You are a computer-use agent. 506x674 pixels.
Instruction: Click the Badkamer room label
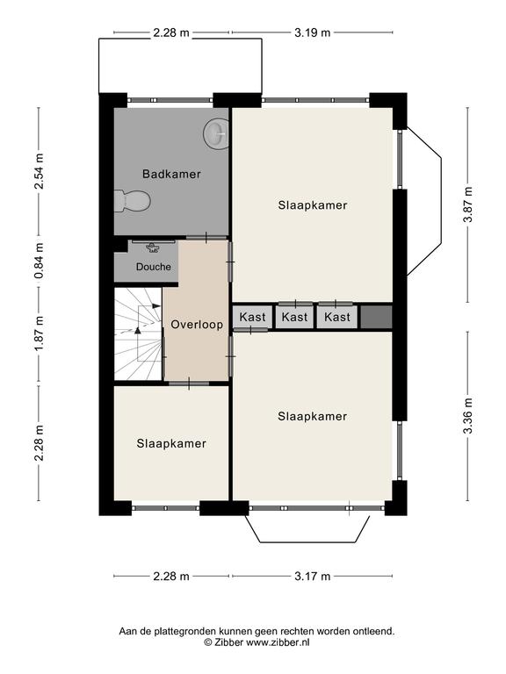click(x=171, y=174)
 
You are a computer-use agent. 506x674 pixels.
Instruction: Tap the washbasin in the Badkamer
click(x=216, y=133)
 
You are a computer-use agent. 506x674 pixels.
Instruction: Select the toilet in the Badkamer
click(x=132, y=201)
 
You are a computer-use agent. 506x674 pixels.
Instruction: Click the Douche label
click(x=153, y=267)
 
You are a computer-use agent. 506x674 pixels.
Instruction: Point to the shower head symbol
click(x=153, y=247)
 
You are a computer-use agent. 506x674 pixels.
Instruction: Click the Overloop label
click(x=197, y=324)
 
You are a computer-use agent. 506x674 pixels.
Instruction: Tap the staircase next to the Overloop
click(x=138, y=333)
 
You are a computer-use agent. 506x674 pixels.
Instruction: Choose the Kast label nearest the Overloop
click(x=253, y=317)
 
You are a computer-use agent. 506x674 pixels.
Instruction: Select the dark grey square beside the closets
click(x=376, y=317)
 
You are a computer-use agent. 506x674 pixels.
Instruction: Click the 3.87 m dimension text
click(x=467, y=204)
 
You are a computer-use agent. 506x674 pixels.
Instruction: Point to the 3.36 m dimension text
click(x=467, y=416)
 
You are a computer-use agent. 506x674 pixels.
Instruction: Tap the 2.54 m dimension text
click(x=40, y=171)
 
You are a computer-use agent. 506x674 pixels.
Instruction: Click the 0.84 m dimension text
click(x=40, y=261)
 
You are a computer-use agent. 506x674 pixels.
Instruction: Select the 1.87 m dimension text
click(x=40, y=333)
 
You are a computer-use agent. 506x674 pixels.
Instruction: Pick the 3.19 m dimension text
click(x=313, y=32)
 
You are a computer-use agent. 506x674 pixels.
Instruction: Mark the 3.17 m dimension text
click(x=313, y=576)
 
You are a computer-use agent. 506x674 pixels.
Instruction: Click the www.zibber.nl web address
click(x=278, y=642)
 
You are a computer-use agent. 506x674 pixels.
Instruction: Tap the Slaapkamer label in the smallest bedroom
click(x=171, y=443)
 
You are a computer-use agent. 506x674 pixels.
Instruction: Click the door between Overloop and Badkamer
click(x=206, y=238)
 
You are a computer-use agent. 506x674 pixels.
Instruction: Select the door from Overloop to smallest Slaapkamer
click(x=189, y=383)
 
